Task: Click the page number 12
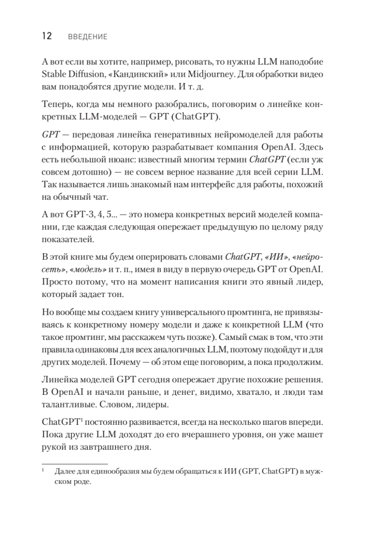(47, 37)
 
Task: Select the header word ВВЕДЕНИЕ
(88, 37)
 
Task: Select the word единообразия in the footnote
(115, 472)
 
